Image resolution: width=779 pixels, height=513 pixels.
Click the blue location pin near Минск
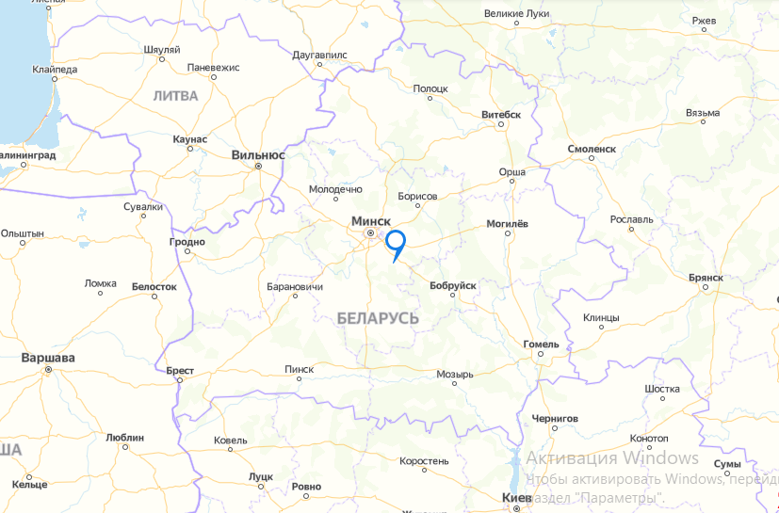click(x=396, y=241)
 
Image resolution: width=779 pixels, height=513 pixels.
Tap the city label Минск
click(x=370, y=220)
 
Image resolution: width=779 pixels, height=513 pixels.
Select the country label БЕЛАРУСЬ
click(x=377, y=319)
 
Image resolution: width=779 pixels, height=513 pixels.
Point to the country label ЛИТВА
click(x=175, y=95)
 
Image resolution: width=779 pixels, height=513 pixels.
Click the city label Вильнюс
click(x=258, y=154)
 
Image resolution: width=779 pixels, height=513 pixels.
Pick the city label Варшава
click(x=48, y=358)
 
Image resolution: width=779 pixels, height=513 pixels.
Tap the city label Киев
click(x=517, y=496)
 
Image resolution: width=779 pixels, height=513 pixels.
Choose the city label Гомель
click(x=541, y=344)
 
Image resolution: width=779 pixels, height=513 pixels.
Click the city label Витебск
click(x=501, y=115)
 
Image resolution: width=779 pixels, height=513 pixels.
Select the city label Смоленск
click(x=592, y=149)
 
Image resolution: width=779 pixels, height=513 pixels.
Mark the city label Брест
click(x=179, y=371)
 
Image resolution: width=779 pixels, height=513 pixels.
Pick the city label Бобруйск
click(x=452, y=285)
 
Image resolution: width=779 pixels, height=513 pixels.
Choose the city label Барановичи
click(x=296, y=286)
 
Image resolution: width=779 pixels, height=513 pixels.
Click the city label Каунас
click(x=190, y=139)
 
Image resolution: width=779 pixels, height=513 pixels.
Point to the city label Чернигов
click(x=554, y=417)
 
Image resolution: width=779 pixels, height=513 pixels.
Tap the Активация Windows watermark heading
click(x=611, y=458)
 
